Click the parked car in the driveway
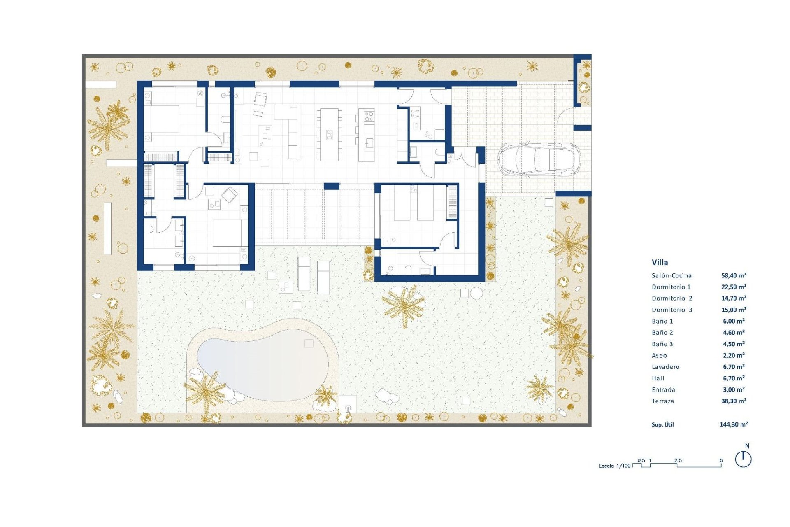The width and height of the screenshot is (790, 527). [539, 160]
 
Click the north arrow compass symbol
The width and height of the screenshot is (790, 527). [743, 459]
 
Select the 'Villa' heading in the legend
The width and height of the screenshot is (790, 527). [660, 262]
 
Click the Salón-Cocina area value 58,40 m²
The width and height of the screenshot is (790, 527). [734, 275]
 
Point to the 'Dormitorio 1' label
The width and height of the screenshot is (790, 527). [671, 287]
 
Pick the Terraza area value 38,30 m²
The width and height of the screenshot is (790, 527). [734, 401]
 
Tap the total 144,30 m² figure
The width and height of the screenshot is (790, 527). [734, 424]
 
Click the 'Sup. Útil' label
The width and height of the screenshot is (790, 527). [662, 424]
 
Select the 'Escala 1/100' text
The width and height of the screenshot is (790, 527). [614, 466]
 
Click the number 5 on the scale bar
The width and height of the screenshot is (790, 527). [721, 461]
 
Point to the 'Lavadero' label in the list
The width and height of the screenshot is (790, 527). [665, 367]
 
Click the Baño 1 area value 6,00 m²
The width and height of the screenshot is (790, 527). [734, 321]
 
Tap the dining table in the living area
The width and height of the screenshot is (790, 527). [329, 134]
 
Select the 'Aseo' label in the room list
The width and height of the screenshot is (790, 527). [659, 355]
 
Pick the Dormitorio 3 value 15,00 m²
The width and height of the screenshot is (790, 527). [734, 310]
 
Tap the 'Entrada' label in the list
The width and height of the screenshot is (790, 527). [663, 389]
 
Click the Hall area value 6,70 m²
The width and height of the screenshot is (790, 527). [734, 378]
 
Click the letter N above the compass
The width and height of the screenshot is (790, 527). [747, 446]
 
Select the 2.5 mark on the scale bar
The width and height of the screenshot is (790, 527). [678, 460]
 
